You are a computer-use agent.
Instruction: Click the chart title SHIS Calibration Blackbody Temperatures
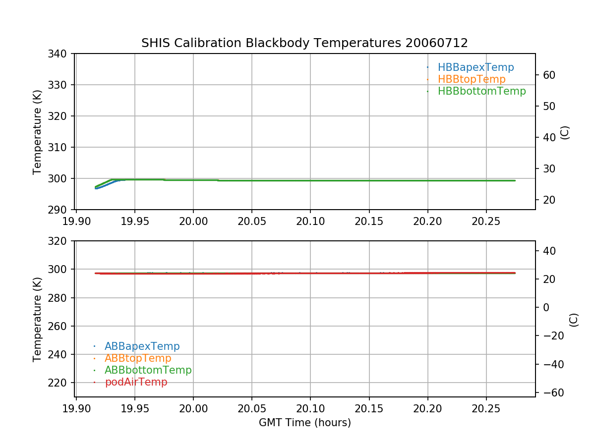click(304, 43)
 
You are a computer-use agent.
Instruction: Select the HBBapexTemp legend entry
click(476, 67)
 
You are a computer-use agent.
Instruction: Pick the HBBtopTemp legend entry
click(472, 79)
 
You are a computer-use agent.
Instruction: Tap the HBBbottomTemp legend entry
click(481, 91)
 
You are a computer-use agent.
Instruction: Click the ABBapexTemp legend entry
click(142, 346)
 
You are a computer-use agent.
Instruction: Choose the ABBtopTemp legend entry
click(138, 358)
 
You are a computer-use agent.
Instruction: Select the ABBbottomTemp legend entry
click(148, 370)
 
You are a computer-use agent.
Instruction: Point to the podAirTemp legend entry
click(136, 382)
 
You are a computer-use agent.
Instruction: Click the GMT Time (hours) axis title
click(304, 423)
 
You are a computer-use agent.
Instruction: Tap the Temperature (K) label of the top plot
click(37, 131)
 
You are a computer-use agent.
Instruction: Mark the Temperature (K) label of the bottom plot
click(37, 319)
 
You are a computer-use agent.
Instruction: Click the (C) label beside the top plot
click(564, 132)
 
